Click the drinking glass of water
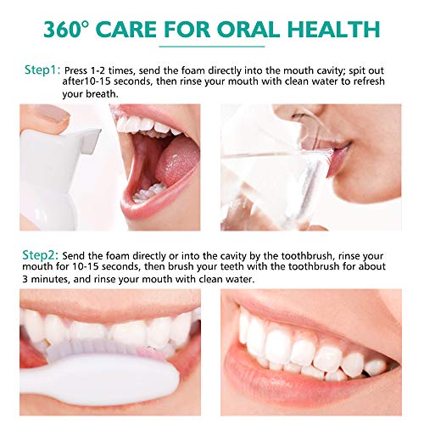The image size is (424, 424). pyautogui.click(x=280, y=182)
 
